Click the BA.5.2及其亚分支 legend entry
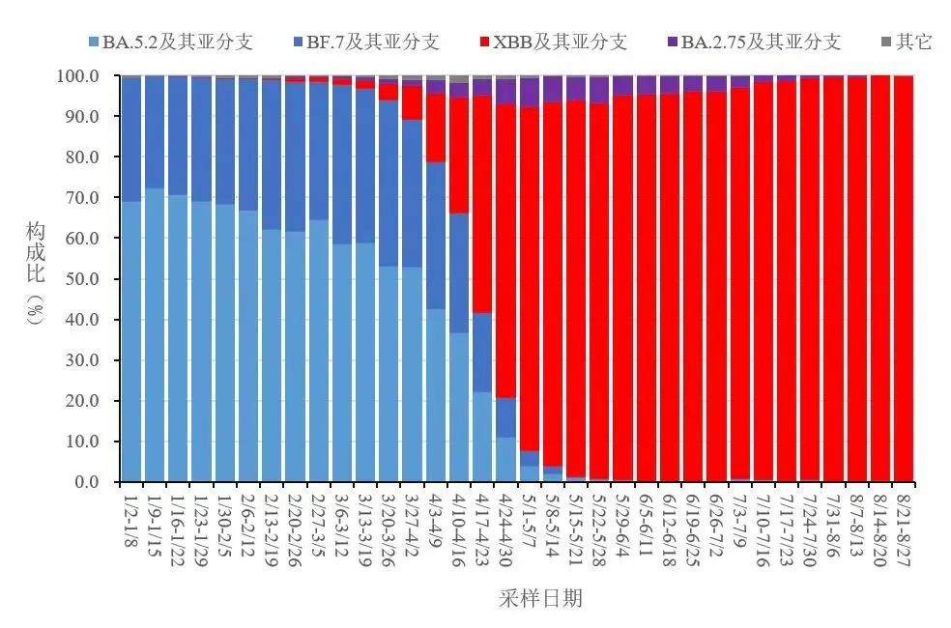171,42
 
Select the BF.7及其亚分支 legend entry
365,42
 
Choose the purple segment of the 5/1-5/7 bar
530,93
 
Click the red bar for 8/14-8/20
880,279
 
